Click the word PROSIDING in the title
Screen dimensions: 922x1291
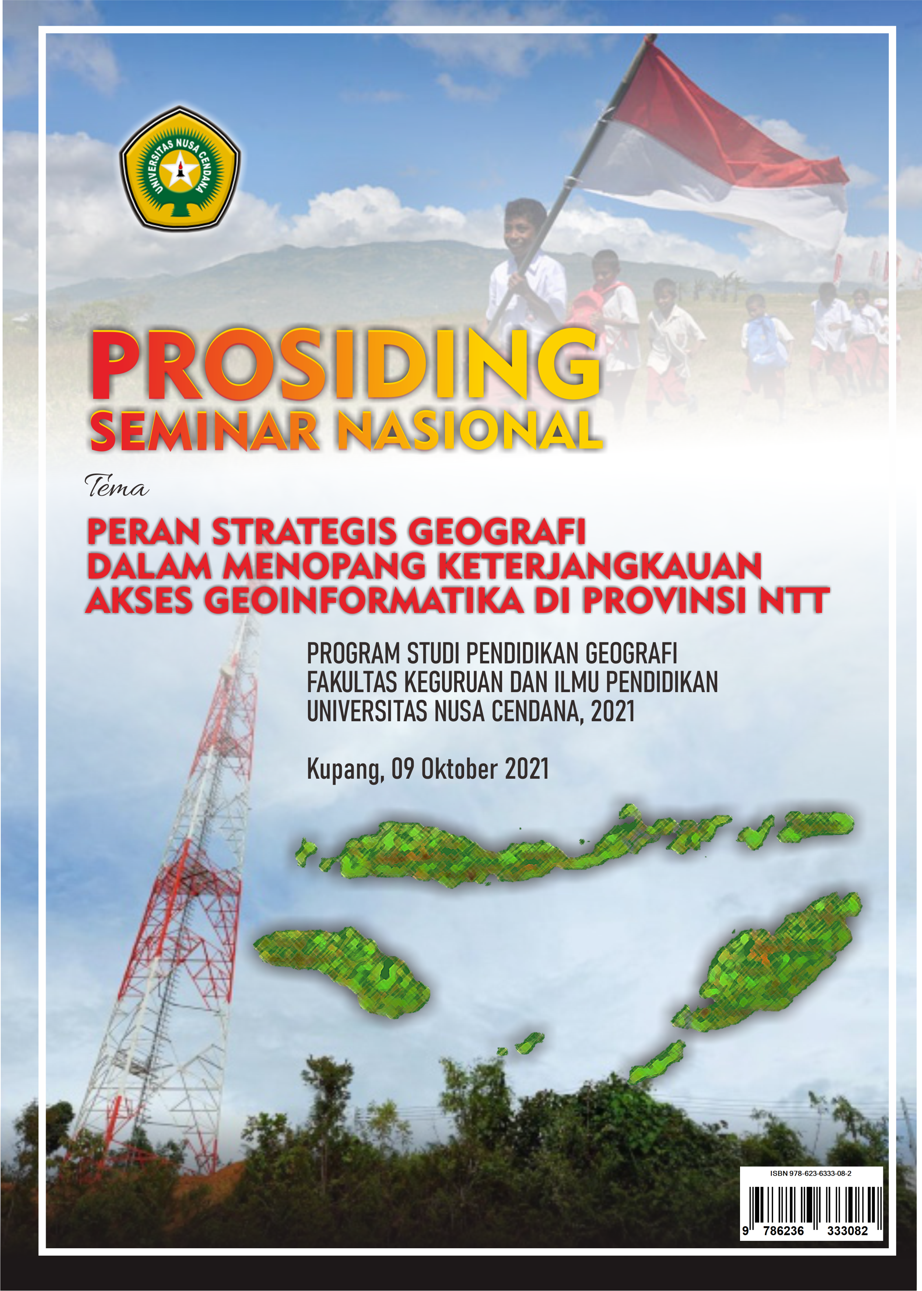tap(345, 366)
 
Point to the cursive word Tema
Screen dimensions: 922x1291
tap(116, 487)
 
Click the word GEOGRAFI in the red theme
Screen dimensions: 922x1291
tap(497, 532)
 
